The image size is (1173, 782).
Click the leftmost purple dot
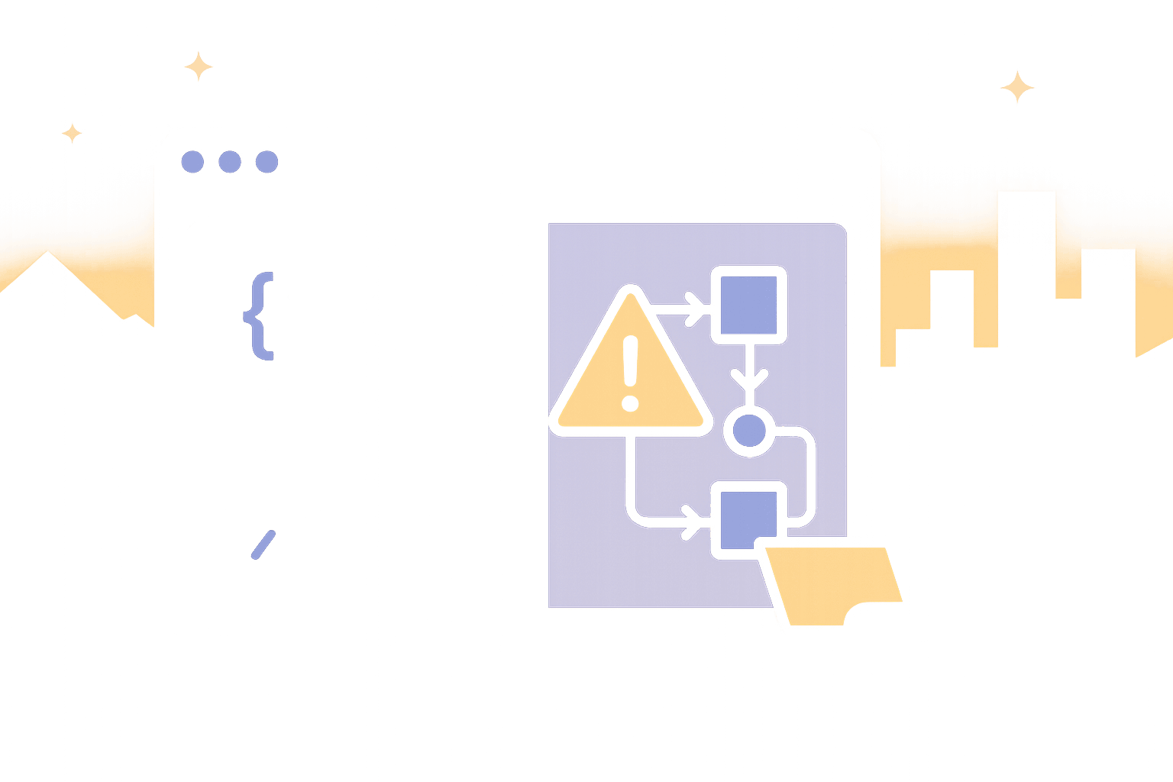click(192, 162)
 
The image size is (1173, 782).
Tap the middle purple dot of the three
click(230, 162)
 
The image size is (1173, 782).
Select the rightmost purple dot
click(267, 162)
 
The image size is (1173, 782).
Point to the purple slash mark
click(263, 544)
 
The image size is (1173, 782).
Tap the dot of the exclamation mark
click(630, 402)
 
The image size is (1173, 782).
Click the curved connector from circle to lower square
click(808, 473)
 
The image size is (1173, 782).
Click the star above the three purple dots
click(199, 66)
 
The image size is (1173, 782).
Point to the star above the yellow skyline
click(1018, 87)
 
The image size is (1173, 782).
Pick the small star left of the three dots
click(73, 134)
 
